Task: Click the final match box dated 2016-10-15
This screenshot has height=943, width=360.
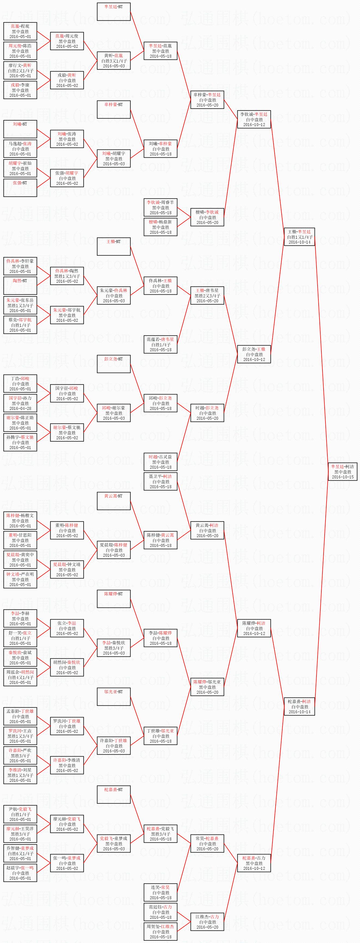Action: pos(342,471)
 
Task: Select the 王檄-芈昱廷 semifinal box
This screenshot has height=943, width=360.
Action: pos(299,237)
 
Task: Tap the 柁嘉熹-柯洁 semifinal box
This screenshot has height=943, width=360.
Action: pos(299,707)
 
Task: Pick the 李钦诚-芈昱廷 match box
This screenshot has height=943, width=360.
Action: pos(254,119)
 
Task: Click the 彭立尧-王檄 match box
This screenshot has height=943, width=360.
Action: pos(254,354)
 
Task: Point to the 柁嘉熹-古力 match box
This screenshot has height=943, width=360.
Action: pos(254,863)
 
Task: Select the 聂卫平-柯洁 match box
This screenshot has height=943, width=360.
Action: pos(160,481)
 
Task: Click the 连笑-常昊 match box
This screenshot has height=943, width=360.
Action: pos(160,892)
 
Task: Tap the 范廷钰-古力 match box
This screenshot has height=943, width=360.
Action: pos(160,912)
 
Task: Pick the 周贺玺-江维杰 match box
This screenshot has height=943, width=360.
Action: pos(160,932)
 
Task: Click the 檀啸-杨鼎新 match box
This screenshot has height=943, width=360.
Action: pos(160,227)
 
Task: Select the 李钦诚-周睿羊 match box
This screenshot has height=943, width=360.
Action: pos(160,207)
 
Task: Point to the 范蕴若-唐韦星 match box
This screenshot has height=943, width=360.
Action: pos(160,344)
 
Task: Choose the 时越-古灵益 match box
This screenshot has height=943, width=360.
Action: pos(160,462)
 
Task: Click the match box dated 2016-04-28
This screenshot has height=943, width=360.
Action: pos(20,403)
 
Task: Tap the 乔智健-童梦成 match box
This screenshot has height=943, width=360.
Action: pos(20,853)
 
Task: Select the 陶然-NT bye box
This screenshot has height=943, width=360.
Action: pos(20,285)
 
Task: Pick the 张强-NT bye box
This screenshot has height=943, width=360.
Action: pos(20,188)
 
